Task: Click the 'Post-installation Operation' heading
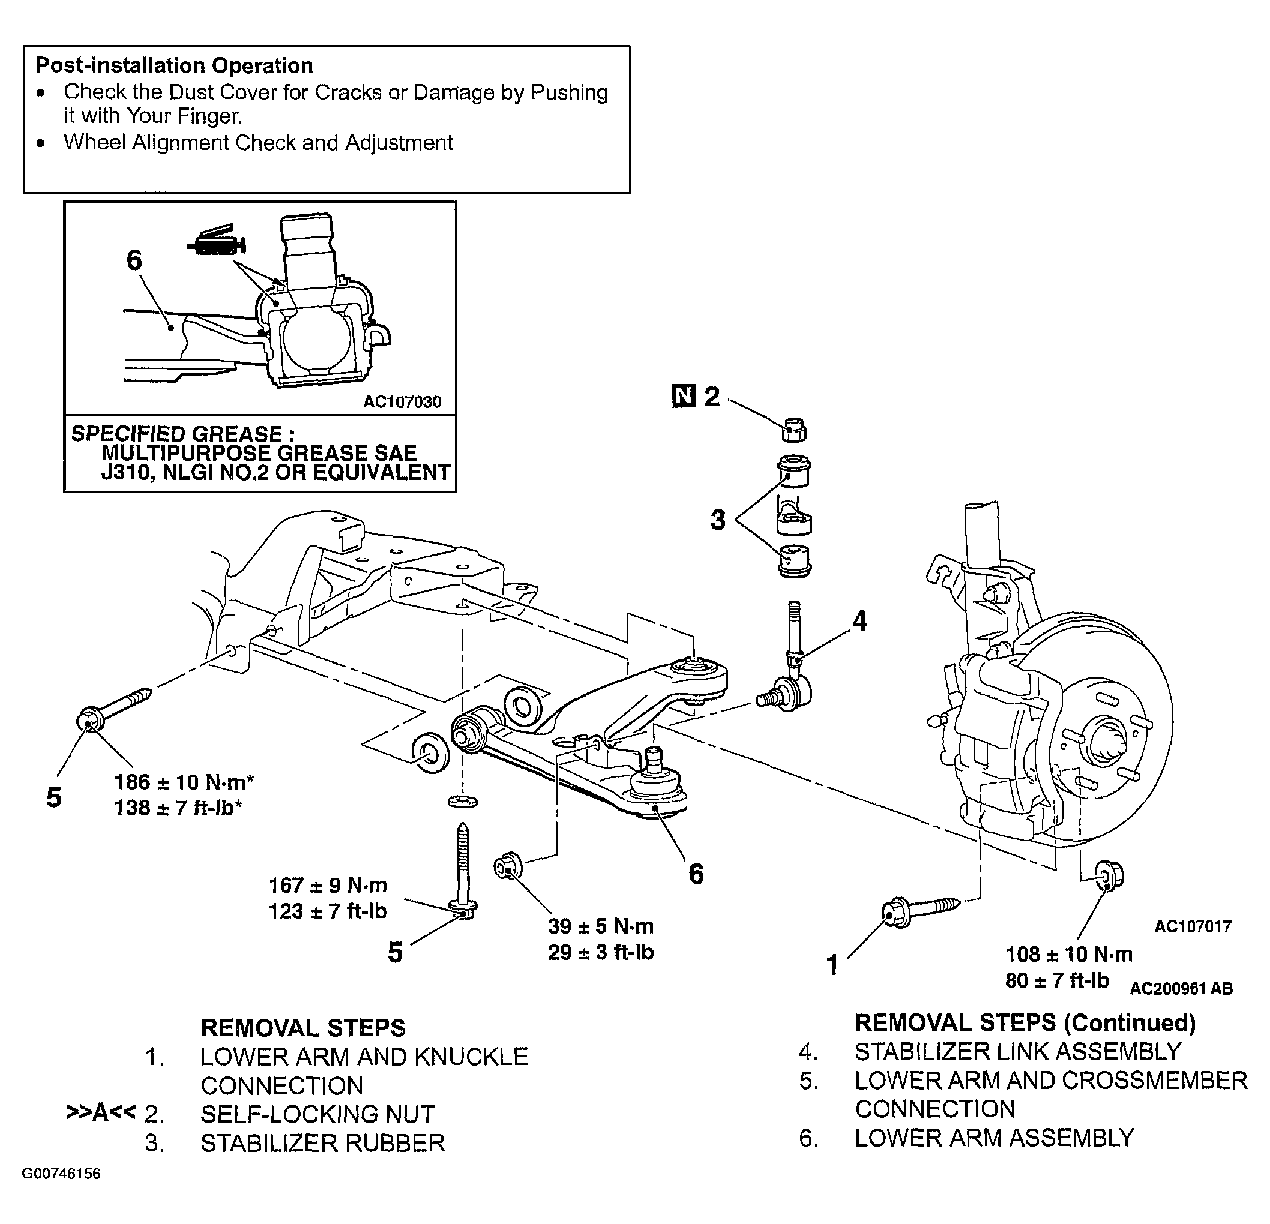click(174, 66)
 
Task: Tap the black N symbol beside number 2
click(684, 397)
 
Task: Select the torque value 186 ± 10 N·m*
click(184, 782)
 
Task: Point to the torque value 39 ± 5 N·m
click(601, 926)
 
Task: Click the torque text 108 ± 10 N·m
click(1069, 954)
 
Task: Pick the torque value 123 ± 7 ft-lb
click(328, 911)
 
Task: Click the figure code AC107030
click(402, 402)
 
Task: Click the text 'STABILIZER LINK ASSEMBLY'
click(1018, 1052)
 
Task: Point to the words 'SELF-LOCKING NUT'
click(317, 1114)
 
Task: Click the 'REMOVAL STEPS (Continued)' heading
click(1026, 1022)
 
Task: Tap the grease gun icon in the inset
click(217, 241)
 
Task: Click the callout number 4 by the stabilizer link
click(859, 621)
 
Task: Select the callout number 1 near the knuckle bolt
click(832, 965)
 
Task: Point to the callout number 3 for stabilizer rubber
click(718, 520)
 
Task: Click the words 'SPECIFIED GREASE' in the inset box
click(177, 434)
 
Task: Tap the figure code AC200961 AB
click(1181, 988)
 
